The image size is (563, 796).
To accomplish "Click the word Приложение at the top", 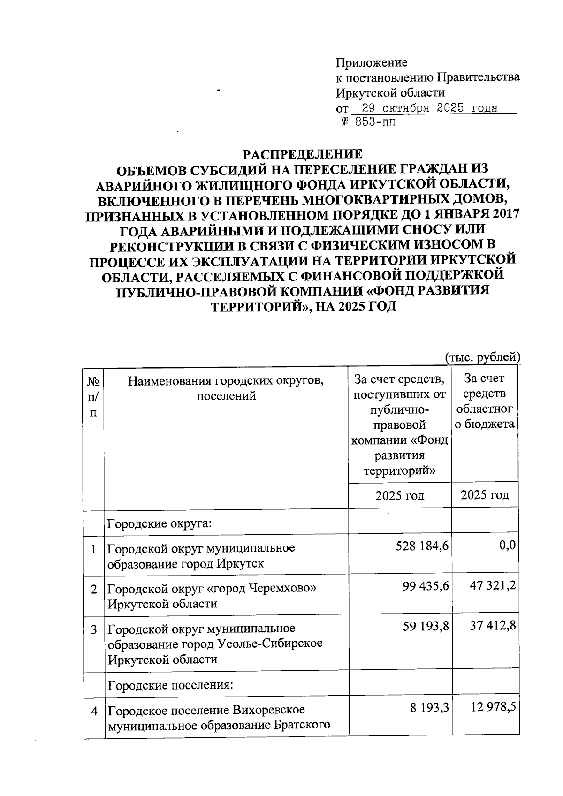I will (372, 62).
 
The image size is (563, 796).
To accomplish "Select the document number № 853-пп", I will (368, 123).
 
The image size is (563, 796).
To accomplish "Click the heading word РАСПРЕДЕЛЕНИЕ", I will (302, 154).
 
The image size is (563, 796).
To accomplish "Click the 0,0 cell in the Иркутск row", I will (508, 545).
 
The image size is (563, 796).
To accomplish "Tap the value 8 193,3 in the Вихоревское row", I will (429, 708).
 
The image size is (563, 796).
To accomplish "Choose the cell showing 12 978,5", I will (493, 707).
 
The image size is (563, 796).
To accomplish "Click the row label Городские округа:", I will (160, 523).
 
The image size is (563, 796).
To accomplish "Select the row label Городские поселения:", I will (171, 685).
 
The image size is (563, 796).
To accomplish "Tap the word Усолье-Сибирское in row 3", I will (271, 643).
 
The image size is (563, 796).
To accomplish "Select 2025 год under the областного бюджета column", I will (485, 495).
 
